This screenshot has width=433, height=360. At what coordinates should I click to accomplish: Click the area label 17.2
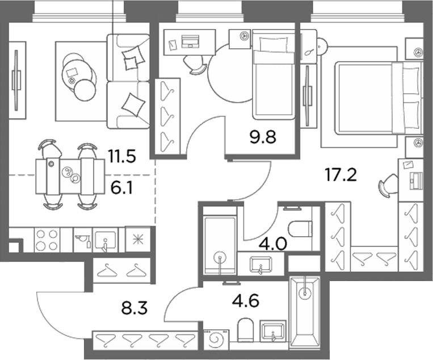coord(341,175)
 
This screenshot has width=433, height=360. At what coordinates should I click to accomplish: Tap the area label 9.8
coord(263,137)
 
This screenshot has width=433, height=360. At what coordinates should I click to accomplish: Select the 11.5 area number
coord(122,156)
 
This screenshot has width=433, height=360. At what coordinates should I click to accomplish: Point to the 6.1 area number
coord(122,188)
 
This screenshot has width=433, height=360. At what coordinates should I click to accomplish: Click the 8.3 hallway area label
coord(134,308)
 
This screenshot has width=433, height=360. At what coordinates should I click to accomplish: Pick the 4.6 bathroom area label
coord(246,300)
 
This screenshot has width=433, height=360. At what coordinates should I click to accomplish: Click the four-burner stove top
coord(47,240)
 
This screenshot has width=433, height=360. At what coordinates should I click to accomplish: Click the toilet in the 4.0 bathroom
coord(300,229)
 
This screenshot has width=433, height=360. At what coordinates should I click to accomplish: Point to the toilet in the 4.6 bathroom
coord(246,329)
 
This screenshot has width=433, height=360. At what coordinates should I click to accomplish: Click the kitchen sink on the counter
coord(105,240)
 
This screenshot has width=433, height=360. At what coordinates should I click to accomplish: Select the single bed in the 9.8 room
coord(274,74)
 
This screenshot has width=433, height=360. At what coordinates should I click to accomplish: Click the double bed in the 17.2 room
coord(379,98)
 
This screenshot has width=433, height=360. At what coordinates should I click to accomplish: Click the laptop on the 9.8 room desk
coord(190,41)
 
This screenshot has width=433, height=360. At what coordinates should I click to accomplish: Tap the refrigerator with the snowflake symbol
coord(138,239)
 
